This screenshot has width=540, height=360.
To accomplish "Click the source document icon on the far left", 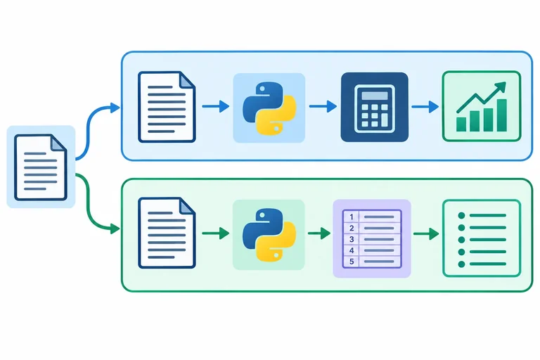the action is click(41, 167).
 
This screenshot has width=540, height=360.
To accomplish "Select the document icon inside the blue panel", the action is click(167, 107).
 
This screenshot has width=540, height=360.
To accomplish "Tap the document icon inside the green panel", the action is click(167, 233).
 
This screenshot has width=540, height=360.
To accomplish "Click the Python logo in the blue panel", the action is click(269, 108).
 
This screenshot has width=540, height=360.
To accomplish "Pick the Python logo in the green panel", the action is click(269, 234).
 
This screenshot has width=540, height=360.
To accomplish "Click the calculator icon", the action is click(375, 107).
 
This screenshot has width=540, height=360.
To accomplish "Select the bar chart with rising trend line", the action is click(482, 106).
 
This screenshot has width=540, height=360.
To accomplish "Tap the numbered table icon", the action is click(372, 238).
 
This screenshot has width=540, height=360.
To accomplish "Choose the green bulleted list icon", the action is click(482, 238).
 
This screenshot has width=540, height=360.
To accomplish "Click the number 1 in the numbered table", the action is click(352, 217).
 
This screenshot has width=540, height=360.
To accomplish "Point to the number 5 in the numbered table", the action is click(352, 262).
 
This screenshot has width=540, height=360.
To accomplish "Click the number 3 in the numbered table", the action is click(352, 239).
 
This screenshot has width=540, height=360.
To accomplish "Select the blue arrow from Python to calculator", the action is click(323, 106).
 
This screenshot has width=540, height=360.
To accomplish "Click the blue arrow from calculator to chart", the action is click(425, 106).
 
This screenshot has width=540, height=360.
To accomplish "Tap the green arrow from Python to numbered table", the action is click(319, 233).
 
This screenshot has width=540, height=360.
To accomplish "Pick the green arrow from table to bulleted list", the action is click(426, 234).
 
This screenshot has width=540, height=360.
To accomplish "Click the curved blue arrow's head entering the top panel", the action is click(115, 108).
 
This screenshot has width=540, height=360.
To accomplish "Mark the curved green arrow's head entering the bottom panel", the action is click(115, 229).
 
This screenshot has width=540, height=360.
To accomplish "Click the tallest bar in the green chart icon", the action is click(502, 115).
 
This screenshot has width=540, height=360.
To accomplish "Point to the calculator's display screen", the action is click(375, 96).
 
